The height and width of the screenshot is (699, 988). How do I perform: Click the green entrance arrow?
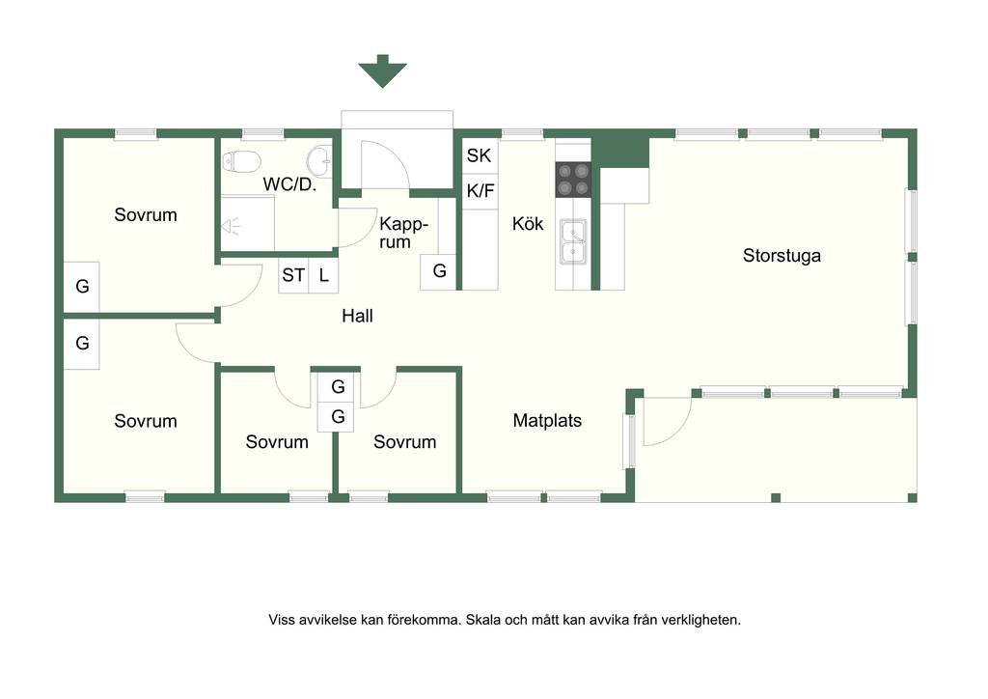pyautogui.click(x=382, y=70)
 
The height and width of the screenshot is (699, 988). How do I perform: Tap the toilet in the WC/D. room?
pyautogui.click(x=241, y=161)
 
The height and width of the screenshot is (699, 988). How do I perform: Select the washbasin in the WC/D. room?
pyautogui.click(x=319, y=160)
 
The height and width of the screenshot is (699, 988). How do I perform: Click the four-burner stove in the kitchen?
pyautogui.click(x=573, y=180)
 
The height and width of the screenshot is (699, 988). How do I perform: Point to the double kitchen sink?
pyautogui.click(x=573, y=242)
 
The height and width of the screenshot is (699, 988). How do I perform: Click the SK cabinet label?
pyautogui.click(x=479, y=155)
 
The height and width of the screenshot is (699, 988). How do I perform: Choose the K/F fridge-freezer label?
pyautogui.click(x=480, y=190)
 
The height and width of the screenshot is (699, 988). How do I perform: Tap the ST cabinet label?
pyautogui.click(x=293, y=275)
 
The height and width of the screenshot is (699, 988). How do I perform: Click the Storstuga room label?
pyautogui.click(x=782, y=255)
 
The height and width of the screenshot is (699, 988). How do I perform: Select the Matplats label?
pyautogui.click(x=547, y=420)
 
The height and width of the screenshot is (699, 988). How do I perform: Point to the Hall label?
pyautogui.click(x=357, y=316)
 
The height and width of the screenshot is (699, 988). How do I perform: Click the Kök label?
pyautogui.click(x=528, y=224)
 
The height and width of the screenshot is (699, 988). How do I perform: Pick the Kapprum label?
pyautogui.click(x=403, y=234)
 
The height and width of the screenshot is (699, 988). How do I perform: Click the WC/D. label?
pyautogui.click(x=289, y=184)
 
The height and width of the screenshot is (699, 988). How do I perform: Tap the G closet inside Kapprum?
pyautogui.click(x=439, y=271)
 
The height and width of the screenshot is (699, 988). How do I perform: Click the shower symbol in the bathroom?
pyautogui.click(x=231, y=226)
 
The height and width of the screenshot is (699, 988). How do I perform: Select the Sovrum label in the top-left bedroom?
pyautogui.click(x=146, y=215)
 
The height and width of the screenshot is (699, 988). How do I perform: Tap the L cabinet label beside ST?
pyautogui.click(x=324, y=275)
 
